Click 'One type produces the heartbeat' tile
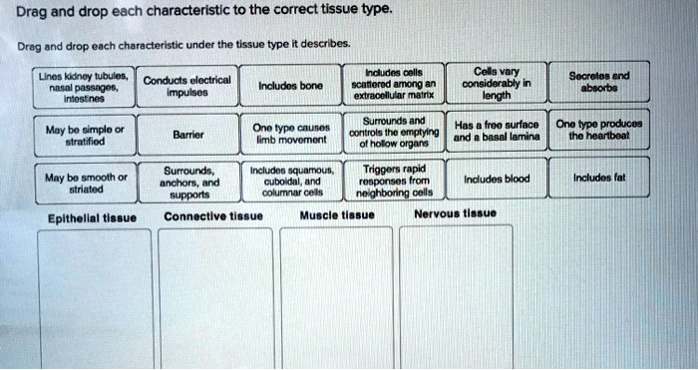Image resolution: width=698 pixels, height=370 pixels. [x=597, y=131]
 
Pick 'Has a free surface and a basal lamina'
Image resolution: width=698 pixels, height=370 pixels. [x=496, y=132]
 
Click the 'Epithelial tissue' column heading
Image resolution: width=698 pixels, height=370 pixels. [x=91, y=216]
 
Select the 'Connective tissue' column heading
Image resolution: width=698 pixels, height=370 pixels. [x=213, y=215]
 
